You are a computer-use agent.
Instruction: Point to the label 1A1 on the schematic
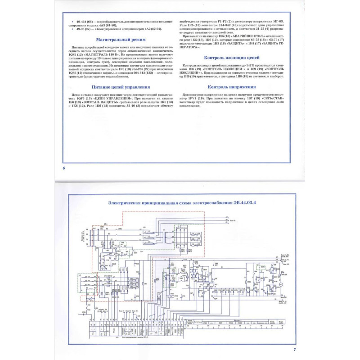pos(106,224)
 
